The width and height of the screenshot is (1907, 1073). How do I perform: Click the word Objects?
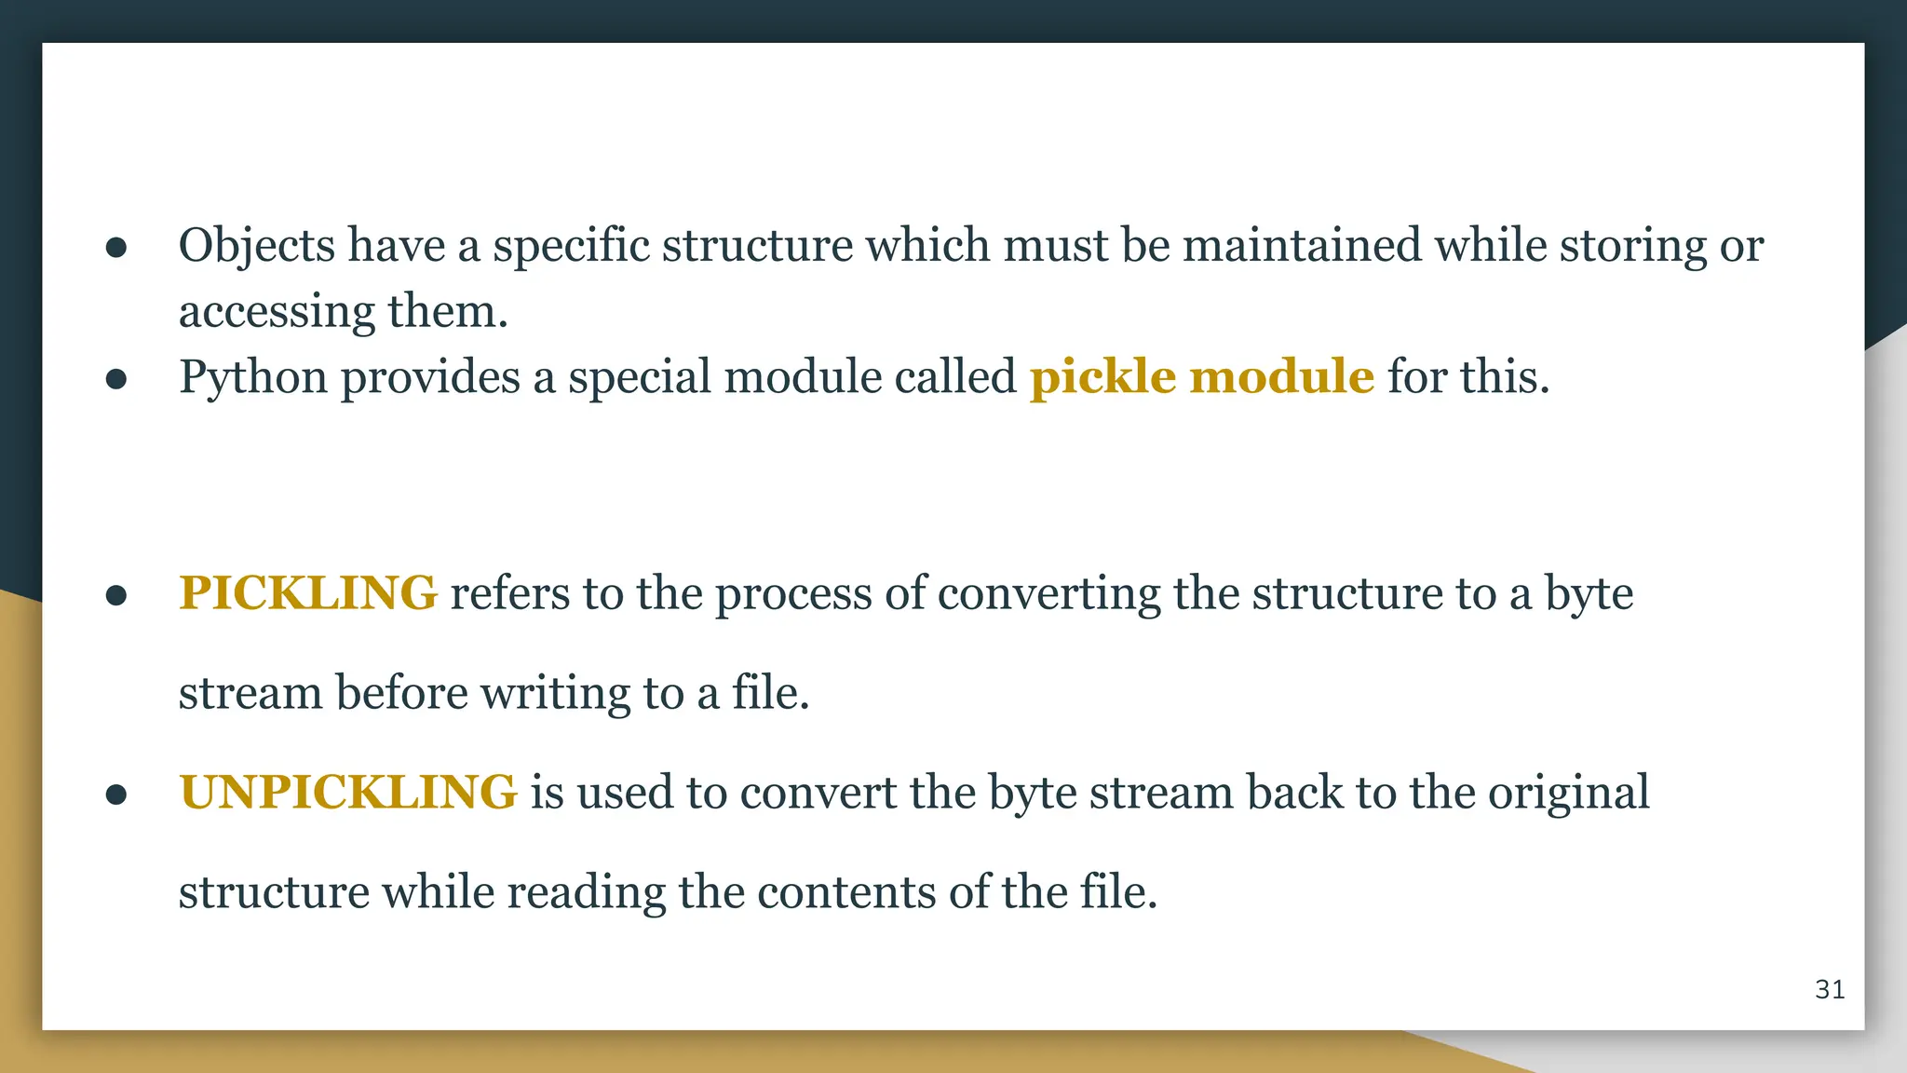pos(256,246)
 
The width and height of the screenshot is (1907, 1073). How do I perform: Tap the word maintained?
pos(1302,246)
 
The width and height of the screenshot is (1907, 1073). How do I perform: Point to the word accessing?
pos(277,312)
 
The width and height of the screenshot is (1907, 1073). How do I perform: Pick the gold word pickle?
pos(1102,378)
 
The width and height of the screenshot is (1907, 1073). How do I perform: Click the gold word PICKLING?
pos(307,593)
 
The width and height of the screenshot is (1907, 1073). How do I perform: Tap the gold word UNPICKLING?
pos(347,793)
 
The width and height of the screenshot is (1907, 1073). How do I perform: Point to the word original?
pos(1568,793)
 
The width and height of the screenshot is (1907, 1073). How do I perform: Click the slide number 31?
pos(1830,989)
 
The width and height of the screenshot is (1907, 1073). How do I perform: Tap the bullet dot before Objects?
pos(116,248)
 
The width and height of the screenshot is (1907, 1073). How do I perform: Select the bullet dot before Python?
pos(116,379)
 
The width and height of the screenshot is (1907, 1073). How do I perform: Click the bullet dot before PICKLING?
pos(116,595)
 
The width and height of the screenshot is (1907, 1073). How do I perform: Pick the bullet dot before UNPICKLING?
pos(116,795)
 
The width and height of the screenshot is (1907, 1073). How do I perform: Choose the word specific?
pos(571,246)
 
